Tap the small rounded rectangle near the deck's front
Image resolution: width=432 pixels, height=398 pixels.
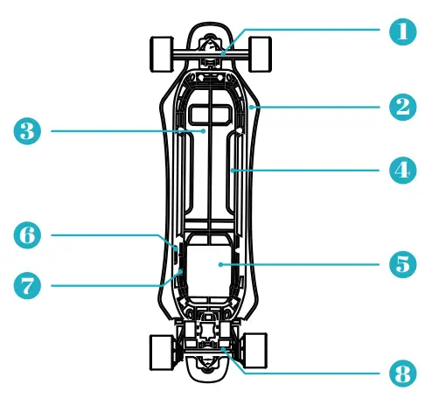[x=209, y=114]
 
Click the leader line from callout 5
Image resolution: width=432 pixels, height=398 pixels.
[x=306, y=263]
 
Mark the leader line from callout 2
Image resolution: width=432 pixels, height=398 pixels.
[x=324, y=107]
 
